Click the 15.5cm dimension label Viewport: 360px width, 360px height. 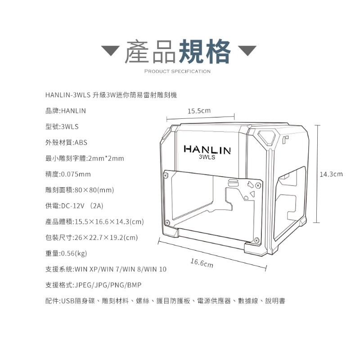click(x=199, y=111)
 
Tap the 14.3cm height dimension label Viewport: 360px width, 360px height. click(x=331, y=174)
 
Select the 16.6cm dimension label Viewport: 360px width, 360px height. click(x=202, y=263)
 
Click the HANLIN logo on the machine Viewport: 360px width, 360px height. click(x=207, y=149)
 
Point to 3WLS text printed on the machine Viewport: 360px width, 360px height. click(x=207, y=157)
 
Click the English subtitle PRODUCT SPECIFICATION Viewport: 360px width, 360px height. click(x=177, y=72)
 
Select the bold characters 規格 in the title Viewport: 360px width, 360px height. click(x=205, y=51)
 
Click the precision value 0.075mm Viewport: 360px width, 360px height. click(x=76, y=174)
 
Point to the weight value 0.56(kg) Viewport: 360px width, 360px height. click(x=74, y=253)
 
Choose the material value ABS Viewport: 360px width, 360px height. click(x=81, y=143)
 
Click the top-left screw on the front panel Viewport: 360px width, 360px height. click(x=166, y=175)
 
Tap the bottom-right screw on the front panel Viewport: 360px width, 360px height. click(x=257, y=240)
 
